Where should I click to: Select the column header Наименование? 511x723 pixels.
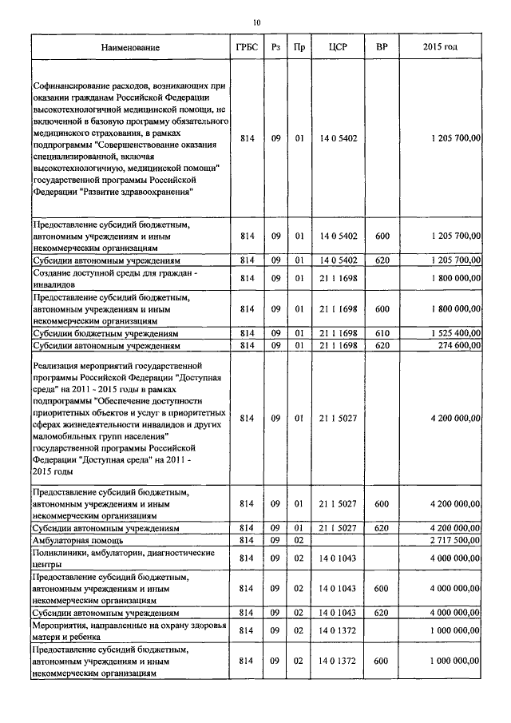(130, 48)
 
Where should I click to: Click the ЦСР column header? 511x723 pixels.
(336, 48)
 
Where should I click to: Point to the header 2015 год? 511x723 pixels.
(440, 48)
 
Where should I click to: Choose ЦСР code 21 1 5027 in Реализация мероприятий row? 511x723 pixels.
(336, 417)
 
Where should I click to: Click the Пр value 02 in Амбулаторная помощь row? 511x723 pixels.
(299, 541)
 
